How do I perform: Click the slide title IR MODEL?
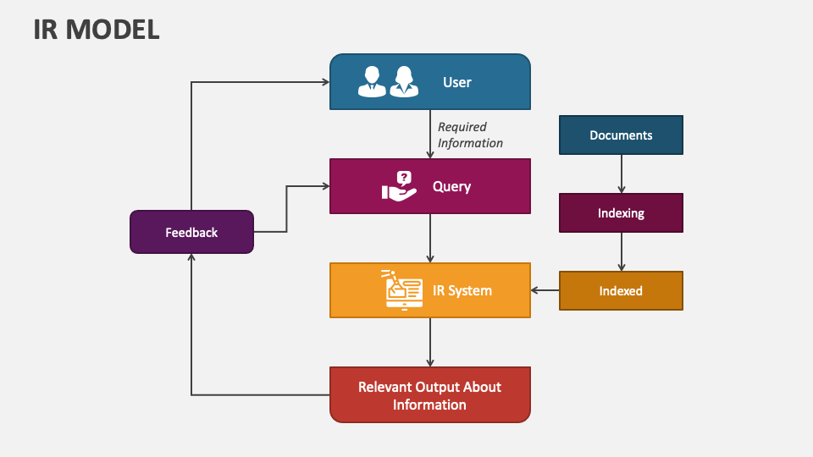point(97,30)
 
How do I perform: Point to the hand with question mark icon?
point(399,186)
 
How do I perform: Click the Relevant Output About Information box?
point(429,395)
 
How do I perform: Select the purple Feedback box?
point(191,232)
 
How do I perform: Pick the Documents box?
point(621,135)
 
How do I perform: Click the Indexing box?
point(621,213)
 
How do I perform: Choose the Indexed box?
point(621,290)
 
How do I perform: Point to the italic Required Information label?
point(469,135)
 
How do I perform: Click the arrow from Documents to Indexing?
point(621,173)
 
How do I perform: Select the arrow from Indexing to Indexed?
point(621,251)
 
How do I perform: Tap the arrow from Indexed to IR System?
point(545,290)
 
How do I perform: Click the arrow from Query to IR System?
point(430,238)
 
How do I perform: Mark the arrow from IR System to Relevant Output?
point(430,342)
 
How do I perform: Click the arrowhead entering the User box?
point(324,82)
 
